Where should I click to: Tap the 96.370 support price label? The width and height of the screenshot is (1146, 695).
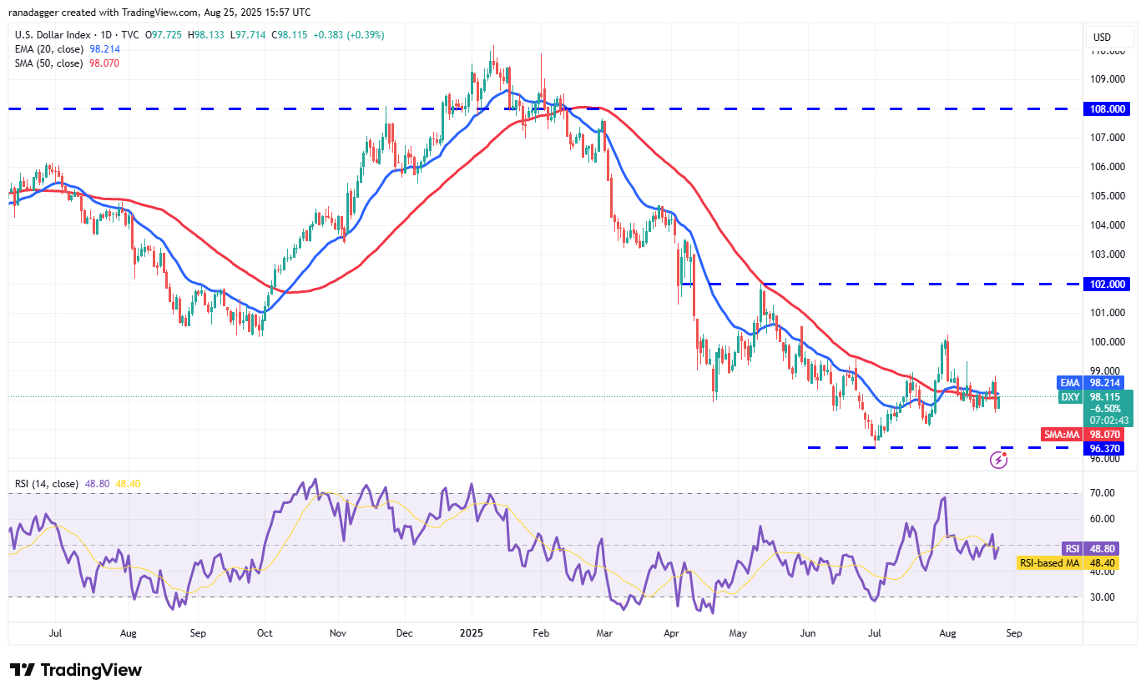click(1103, 448)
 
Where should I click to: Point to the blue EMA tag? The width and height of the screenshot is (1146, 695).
click(1069, 382)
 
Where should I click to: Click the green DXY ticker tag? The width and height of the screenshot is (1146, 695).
click(1069, 397)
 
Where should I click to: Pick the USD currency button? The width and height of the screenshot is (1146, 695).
click(1102, 37)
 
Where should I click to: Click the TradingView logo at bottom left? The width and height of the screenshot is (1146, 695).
click(76, 670)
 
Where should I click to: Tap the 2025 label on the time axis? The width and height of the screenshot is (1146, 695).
click(472, 633)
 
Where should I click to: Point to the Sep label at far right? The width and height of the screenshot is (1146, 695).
click(1014, 633)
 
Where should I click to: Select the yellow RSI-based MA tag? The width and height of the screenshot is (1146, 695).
click(1049, 563)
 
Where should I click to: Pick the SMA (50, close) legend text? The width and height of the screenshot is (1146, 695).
click(47, 63)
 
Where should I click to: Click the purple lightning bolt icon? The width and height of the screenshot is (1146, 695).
click(998, 460)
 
